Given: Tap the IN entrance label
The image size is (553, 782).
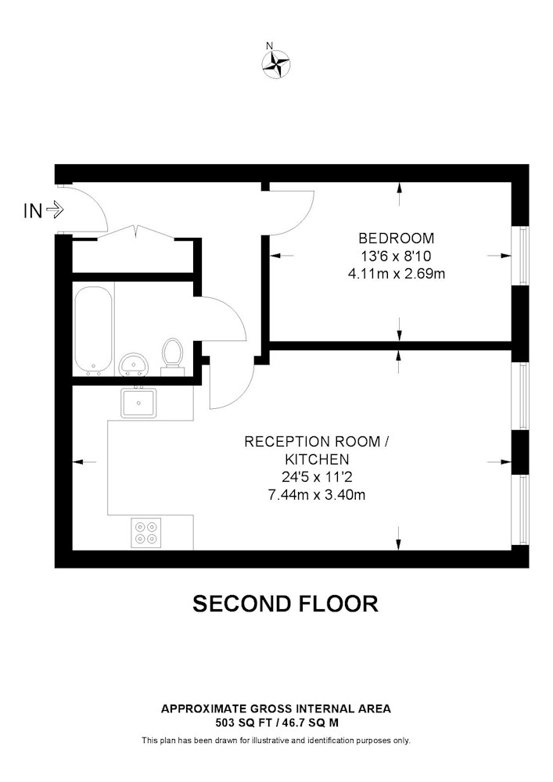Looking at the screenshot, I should (32, 210).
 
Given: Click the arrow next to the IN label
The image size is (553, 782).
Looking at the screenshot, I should (56, 210).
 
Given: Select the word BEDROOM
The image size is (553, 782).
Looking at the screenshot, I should (396, 239).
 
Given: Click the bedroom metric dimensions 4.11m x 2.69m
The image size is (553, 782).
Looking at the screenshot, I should (396, 274).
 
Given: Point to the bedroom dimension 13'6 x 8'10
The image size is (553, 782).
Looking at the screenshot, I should (396, 256).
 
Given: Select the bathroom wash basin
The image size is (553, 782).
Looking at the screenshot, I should (135, 364).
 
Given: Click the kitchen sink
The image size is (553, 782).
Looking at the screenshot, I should (138, 403).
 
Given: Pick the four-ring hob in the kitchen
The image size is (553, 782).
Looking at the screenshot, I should (145, 532).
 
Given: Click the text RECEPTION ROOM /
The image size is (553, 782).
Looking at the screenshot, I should (317, 442).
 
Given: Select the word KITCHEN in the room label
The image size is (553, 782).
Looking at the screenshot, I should (317, 459).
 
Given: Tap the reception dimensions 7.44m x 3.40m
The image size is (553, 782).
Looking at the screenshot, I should (317, 494).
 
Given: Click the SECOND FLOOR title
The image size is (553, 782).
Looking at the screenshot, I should (285, 604).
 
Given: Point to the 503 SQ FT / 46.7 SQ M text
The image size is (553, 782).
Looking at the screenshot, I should (275, 723).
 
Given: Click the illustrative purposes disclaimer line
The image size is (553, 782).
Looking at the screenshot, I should (275, 741).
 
